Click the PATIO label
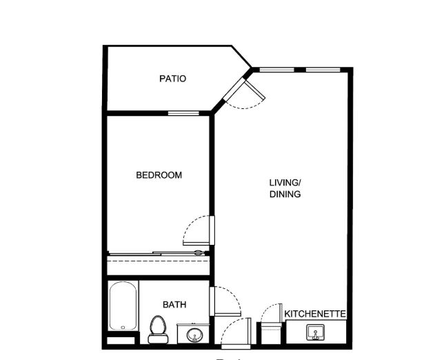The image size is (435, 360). pos(172,79)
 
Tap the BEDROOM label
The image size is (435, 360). pos(159,175)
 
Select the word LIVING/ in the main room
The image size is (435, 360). pos(285,183)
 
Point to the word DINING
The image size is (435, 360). pos(285,194)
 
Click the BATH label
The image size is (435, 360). pos(174,305)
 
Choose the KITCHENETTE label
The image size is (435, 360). pos(315,314)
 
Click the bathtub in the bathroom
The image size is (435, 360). pos(123,306)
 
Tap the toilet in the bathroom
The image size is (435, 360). pos(158,330)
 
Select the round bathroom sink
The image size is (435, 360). pos(194,335)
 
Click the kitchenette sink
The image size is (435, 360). pos(316,332)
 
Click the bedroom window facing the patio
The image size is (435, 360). pos(183,113)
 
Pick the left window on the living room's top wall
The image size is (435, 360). pos(277,70)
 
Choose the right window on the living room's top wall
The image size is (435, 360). pos(323,70)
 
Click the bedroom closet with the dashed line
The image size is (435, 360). pos(159,266)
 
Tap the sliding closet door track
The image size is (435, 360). pos(157,253)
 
